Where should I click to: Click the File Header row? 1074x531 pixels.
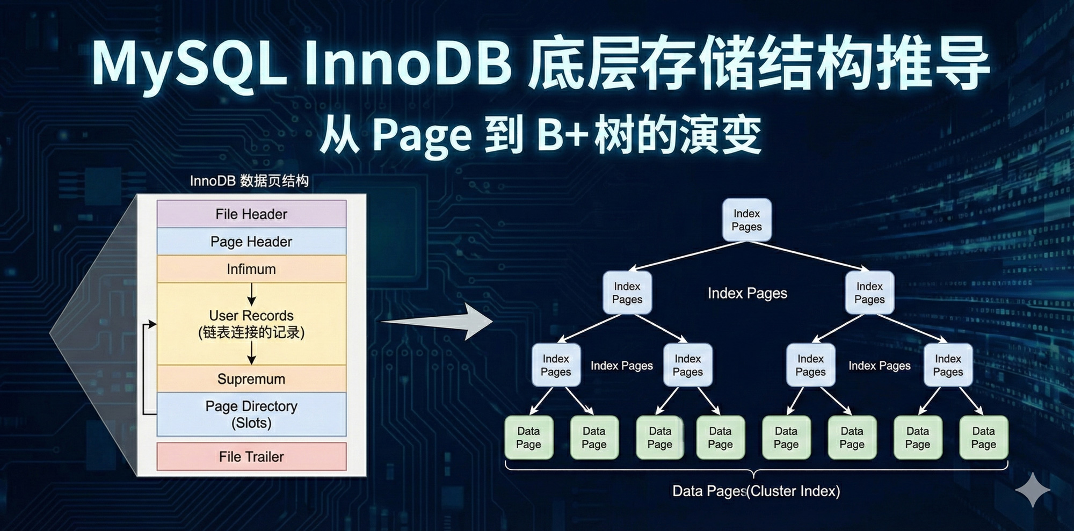click(251, 214)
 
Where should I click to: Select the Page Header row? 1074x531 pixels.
click(251, 242)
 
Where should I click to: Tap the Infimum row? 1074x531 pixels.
click(251, 269)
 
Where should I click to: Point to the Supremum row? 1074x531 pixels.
click(251, 379)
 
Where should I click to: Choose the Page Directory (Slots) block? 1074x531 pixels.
click(251, 414)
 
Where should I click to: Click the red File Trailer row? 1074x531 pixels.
click(251, 457)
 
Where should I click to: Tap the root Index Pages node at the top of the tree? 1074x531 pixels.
click(746, 220)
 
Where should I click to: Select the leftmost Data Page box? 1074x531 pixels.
click(528, 438)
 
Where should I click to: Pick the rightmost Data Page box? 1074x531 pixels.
click(983, 438)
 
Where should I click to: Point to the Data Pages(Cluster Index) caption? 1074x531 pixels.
click(756, 491)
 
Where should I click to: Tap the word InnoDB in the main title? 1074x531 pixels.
click(408, 63)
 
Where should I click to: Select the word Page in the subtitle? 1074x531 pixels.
click(422, 135)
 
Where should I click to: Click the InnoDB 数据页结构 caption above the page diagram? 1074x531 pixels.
click(249, 181)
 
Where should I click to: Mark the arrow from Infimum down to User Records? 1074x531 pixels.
click(251, 294)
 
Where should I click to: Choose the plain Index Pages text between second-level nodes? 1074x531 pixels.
click(747, 293)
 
